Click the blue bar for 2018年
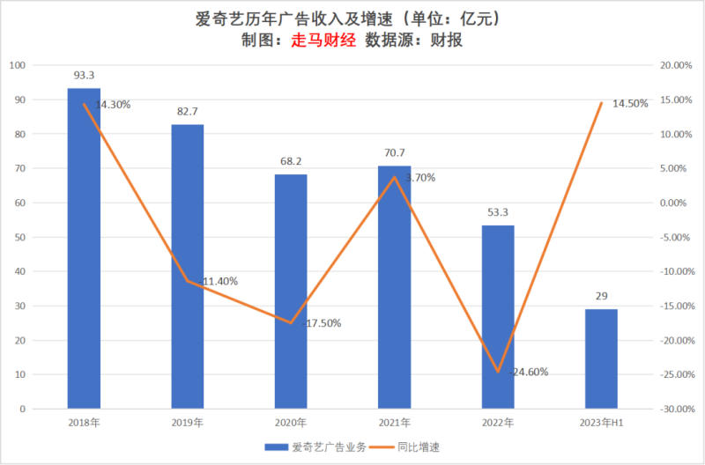click(x=84, y=255)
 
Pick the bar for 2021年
click(x=394, y=291)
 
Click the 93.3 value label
click(x=84, y=77)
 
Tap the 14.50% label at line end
click(x=629, y=103)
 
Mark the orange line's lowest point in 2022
click(x=498, y=372)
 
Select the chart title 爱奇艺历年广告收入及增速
click(x=291, y=18)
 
